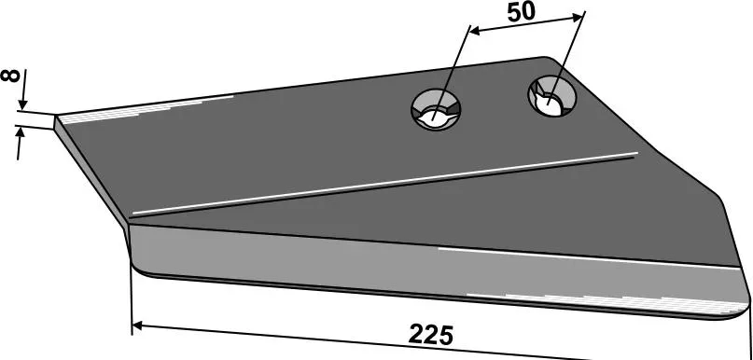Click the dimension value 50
[x=521, y=12]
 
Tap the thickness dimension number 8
[x=10, y=76]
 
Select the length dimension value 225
[x=431, y=335]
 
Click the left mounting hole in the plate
[x=436, y=109]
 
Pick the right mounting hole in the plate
[x=552, y=96]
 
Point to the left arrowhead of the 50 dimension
[x=474, y=32]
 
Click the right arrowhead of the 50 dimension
[x=578, y=18]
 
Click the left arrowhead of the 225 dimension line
[x=138, y=325]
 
